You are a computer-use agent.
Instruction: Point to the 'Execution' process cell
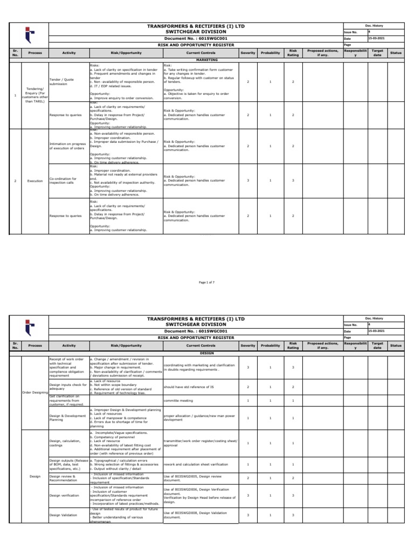point(34,181)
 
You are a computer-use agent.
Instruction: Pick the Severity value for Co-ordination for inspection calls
point(247,181)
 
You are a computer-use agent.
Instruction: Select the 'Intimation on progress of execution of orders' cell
point(67,146)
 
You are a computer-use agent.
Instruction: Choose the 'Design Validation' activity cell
point(64,515)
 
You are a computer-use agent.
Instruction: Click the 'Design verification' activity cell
point(64,494)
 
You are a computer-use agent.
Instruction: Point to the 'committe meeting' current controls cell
point(178,401)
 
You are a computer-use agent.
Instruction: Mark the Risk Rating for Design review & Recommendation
point(293,478)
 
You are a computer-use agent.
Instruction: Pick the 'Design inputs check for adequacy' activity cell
point(67,387)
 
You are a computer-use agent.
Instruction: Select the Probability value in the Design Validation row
point(270,515)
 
